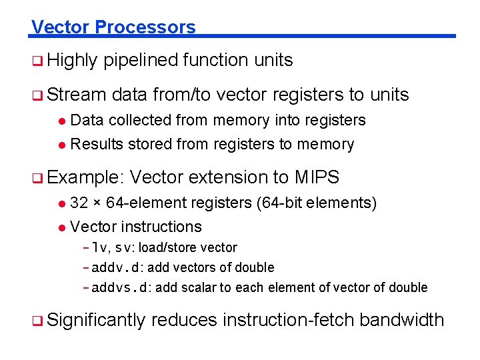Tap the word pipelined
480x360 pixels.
(x=140, y=61)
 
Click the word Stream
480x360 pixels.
(x=77, y=95)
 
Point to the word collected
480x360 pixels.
(x=139, y=120)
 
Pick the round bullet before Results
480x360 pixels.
(x=61, y=145)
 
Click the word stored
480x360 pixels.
(x=146, y=144)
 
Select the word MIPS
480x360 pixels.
(x=317, y=178)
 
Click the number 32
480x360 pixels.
(x=79, y=203)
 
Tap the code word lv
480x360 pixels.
(x=100, y=248)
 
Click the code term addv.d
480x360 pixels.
(x=117, y=268)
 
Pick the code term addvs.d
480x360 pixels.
(x=121, y=288)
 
